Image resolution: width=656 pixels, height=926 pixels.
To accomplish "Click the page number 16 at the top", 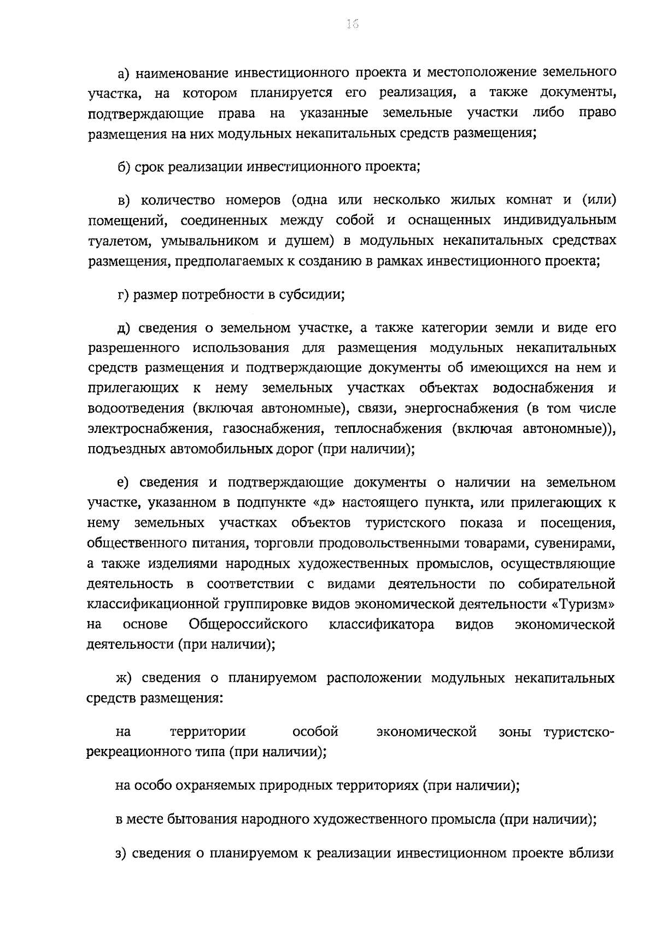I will click(x=352, y=24).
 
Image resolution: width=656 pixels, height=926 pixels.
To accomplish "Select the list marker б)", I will click(x=125, y=166).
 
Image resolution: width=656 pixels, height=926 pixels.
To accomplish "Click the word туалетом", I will click(x=116, y=241).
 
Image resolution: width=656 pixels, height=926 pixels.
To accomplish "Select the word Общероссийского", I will click(x=248, y=624).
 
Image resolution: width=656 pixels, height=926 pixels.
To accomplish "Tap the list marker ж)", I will click(x=125, y=678).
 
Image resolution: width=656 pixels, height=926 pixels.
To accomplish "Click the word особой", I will click(x=315, y=732).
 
